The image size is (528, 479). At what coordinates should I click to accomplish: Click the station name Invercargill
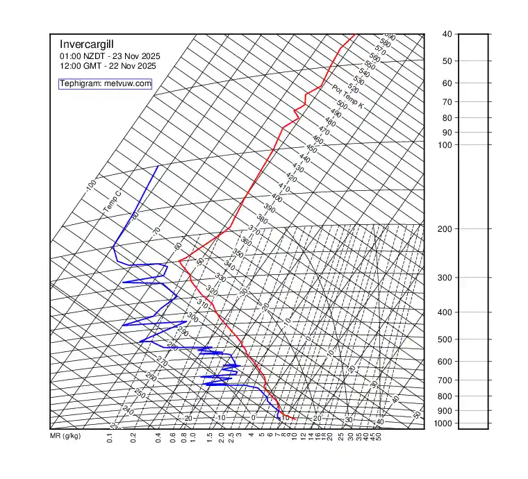[87, 44]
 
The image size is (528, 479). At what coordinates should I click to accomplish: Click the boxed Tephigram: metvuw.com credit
[105, 83]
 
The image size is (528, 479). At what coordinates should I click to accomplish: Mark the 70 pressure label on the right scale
[447, 102]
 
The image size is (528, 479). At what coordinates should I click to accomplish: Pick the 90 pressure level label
[447, 132]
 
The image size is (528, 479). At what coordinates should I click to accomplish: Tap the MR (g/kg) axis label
[65, 437]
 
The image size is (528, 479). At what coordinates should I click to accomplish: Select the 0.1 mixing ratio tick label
[110, 437]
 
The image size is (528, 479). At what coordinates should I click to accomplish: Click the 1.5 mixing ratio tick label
[209, 437]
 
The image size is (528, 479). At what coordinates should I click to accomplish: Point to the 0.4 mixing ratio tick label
[158, 437]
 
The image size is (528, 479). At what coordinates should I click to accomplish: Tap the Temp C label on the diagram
[112, 201]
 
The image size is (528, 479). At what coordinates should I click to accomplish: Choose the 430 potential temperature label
[297, 168]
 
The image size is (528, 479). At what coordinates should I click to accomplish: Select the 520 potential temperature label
[353, 89]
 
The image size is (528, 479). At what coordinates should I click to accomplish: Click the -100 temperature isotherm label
[90, 186]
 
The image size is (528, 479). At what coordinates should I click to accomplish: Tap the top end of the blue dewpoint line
[158, 167]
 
